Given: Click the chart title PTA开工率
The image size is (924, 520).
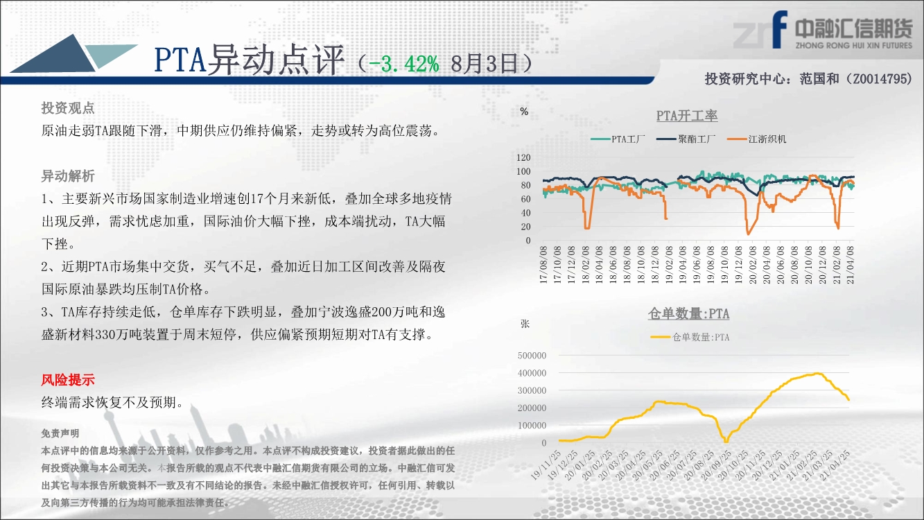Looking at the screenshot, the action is [687, 116].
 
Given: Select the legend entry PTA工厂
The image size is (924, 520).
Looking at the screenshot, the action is [618, 139].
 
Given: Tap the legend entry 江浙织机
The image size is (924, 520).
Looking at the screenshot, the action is [756, 139].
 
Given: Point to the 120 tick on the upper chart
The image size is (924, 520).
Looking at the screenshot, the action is [523, 157].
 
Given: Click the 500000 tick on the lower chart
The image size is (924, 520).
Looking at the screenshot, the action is [532, 356].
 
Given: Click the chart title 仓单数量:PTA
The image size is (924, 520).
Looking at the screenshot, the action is [688, 313].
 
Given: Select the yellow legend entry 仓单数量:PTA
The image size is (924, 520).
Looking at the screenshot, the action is [690, 337].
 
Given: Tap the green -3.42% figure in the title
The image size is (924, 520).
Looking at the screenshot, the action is [403, 64].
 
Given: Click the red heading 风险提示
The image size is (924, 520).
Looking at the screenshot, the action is [68, 380].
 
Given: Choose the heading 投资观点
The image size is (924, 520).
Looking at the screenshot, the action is [68, 108].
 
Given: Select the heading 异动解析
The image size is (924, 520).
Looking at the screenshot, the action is [68, 176].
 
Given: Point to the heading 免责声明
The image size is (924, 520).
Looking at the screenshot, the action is [60, 433].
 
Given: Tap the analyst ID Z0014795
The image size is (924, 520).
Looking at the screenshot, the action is [880, 78].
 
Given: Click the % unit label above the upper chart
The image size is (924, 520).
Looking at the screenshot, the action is [524, 112].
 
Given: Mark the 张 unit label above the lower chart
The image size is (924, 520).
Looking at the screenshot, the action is [525, 324].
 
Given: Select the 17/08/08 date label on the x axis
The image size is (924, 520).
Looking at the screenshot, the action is [543, 264].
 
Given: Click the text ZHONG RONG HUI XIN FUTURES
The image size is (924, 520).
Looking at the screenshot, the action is [854, 45].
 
